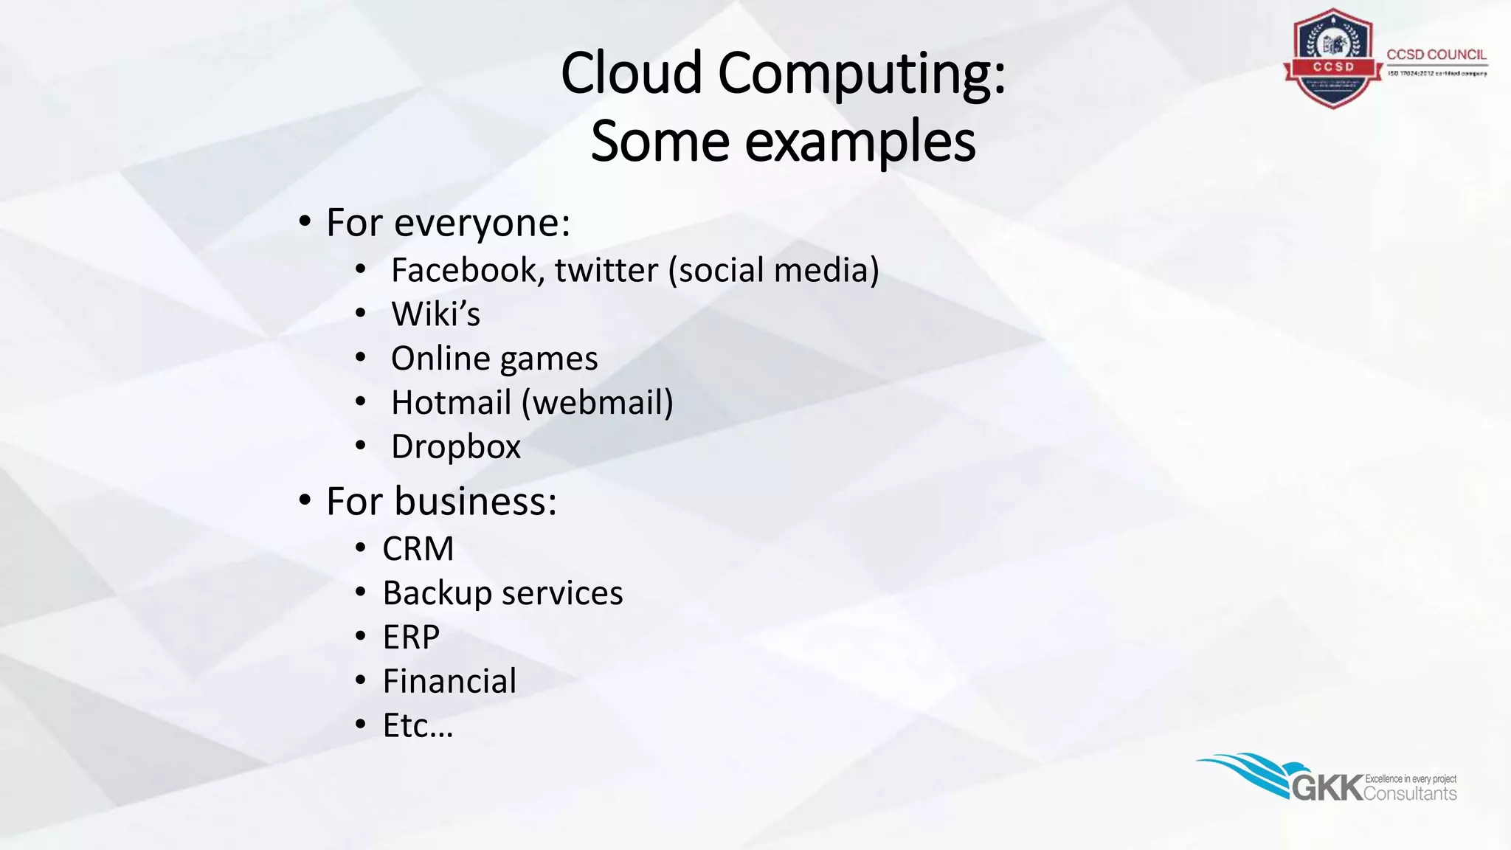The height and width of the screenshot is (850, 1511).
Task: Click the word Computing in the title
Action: pos(862,74)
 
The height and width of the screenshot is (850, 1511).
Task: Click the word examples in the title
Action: pos(860,142)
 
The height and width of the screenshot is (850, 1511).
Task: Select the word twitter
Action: pos(606,270)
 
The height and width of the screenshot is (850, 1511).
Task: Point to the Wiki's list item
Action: pos(435,314)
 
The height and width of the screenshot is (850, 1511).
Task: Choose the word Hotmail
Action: pos(451,403)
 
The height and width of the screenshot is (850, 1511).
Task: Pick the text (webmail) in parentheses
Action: pos(598,403)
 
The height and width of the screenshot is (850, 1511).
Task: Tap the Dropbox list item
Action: pos(455,447)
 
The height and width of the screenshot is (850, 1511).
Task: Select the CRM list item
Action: pos(418,549)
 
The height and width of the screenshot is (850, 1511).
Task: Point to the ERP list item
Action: pos(411,637)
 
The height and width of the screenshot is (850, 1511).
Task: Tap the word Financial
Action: pos(449,682)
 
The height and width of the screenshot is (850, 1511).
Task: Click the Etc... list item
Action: pos(417,726)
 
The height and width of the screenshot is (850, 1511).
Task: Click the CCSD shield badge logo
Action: pos(1332,59)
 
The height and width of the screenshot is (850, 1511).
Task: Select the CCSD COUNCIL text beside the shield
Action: pos(1436,55)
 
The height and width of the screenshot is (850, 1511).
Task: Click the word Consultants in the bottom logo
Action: pos(1410,794)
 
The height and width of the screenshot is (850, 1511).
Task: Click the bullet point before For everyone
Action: pos(305,221)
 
